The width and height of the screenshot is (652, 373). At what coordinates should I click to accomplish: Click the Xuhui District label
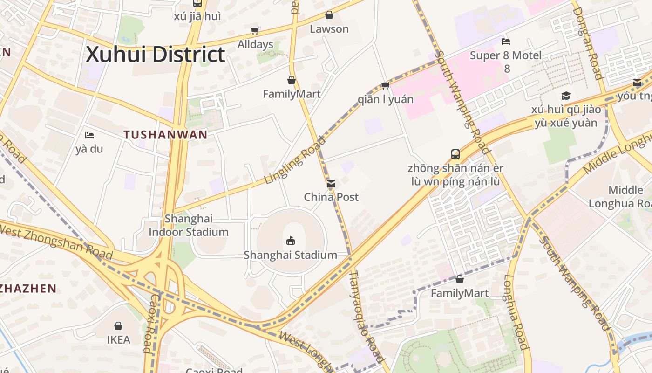[156, 55]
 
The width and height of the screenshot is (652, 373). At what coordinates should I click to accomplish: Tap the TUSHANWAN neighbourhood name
[165, 135]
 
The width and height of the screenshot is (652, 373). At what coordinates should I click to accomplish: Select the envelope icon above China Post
[331, 184]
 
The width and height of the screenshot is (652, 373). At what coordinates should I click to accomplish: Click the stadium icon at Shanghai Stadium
[291, 241]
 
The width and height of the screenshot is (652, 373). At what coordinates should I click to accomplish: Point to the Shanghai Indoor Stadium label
[189, 225]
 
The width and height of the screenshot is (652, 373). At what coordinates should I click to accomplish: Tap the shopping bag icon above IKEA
[118, 325]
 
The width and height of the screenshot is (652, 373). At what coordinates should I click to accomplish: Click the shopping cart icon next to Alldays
[255, 31]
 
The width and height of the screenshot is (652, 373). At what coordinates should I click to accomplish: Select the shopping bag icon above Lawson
[329, 15]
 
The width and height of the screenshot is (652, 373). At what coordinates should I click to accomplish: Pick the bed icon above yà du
[89, 135]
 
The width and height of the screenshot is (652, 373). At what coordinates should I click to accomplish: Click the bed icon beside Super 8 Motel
[506, 41]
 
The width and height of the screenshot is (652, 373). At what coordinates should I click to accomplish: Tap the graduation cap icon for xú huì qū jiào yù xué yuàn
[566, 96]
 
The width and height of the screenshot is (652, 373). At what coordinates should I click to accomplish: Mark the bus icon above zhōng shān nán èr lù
[455, 154]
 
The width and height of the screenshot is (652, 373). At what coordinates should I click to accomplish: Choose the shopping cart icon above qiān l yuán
[385, 85]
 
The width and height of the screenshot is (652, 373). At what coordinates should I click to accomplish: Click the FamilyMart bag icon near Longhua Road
[460, 279]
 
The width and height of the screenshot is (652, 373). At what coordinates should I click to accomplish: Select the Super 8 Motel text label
[506, 56]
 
